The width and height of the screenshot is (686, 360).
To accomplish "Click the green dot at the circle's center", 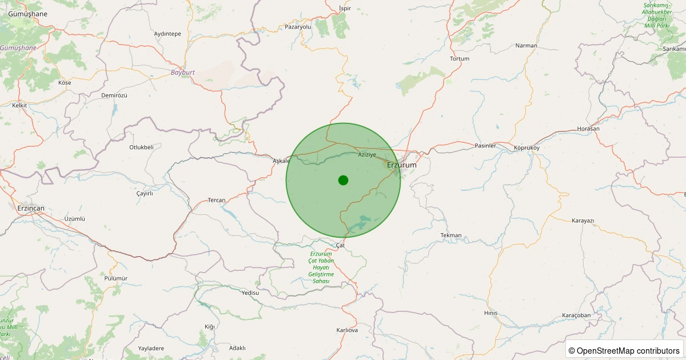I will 343,180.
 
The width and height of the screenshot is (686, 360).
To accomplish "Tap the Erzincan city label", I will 31,209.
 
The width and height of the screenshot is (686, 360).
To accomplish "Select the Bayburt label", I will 183,73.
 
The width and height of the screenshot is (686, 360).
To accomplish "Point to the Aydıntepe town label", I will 167,34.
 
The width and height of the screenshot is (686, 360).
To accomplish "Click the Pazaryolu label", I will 298,27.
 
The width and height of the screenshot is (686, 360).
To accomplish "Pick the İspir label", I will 345,9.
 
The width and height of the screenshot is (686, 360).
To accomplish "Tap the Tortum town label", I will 460,59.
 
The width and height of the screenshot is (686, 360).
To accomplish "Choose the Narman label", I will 526,46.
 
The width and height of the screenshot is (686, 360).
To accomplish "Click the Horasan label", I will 588,129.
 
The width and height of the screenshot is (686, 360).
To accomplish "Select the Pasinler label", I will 485,146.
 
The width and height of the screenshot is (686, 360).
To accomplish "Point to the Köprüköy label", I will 527,148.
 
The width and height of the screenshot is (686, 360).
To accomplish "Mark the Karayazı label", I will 583,221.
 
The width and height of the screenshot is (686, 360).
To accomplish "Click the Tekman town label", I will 451,235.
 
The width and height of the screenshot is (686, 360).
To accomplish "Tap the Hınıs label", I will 491,313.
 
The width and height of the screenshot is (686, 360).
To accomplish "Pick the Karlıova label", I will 347,330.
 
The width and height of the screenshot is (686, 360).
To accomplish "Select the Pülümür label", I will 116,278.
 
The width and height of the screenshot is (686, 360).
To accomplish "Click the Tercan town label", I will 217,200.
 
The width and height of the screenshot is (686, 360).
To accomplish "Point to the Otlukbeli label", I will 141,147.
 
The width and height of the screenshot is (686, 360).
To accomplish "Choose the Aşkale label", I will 281,161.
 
